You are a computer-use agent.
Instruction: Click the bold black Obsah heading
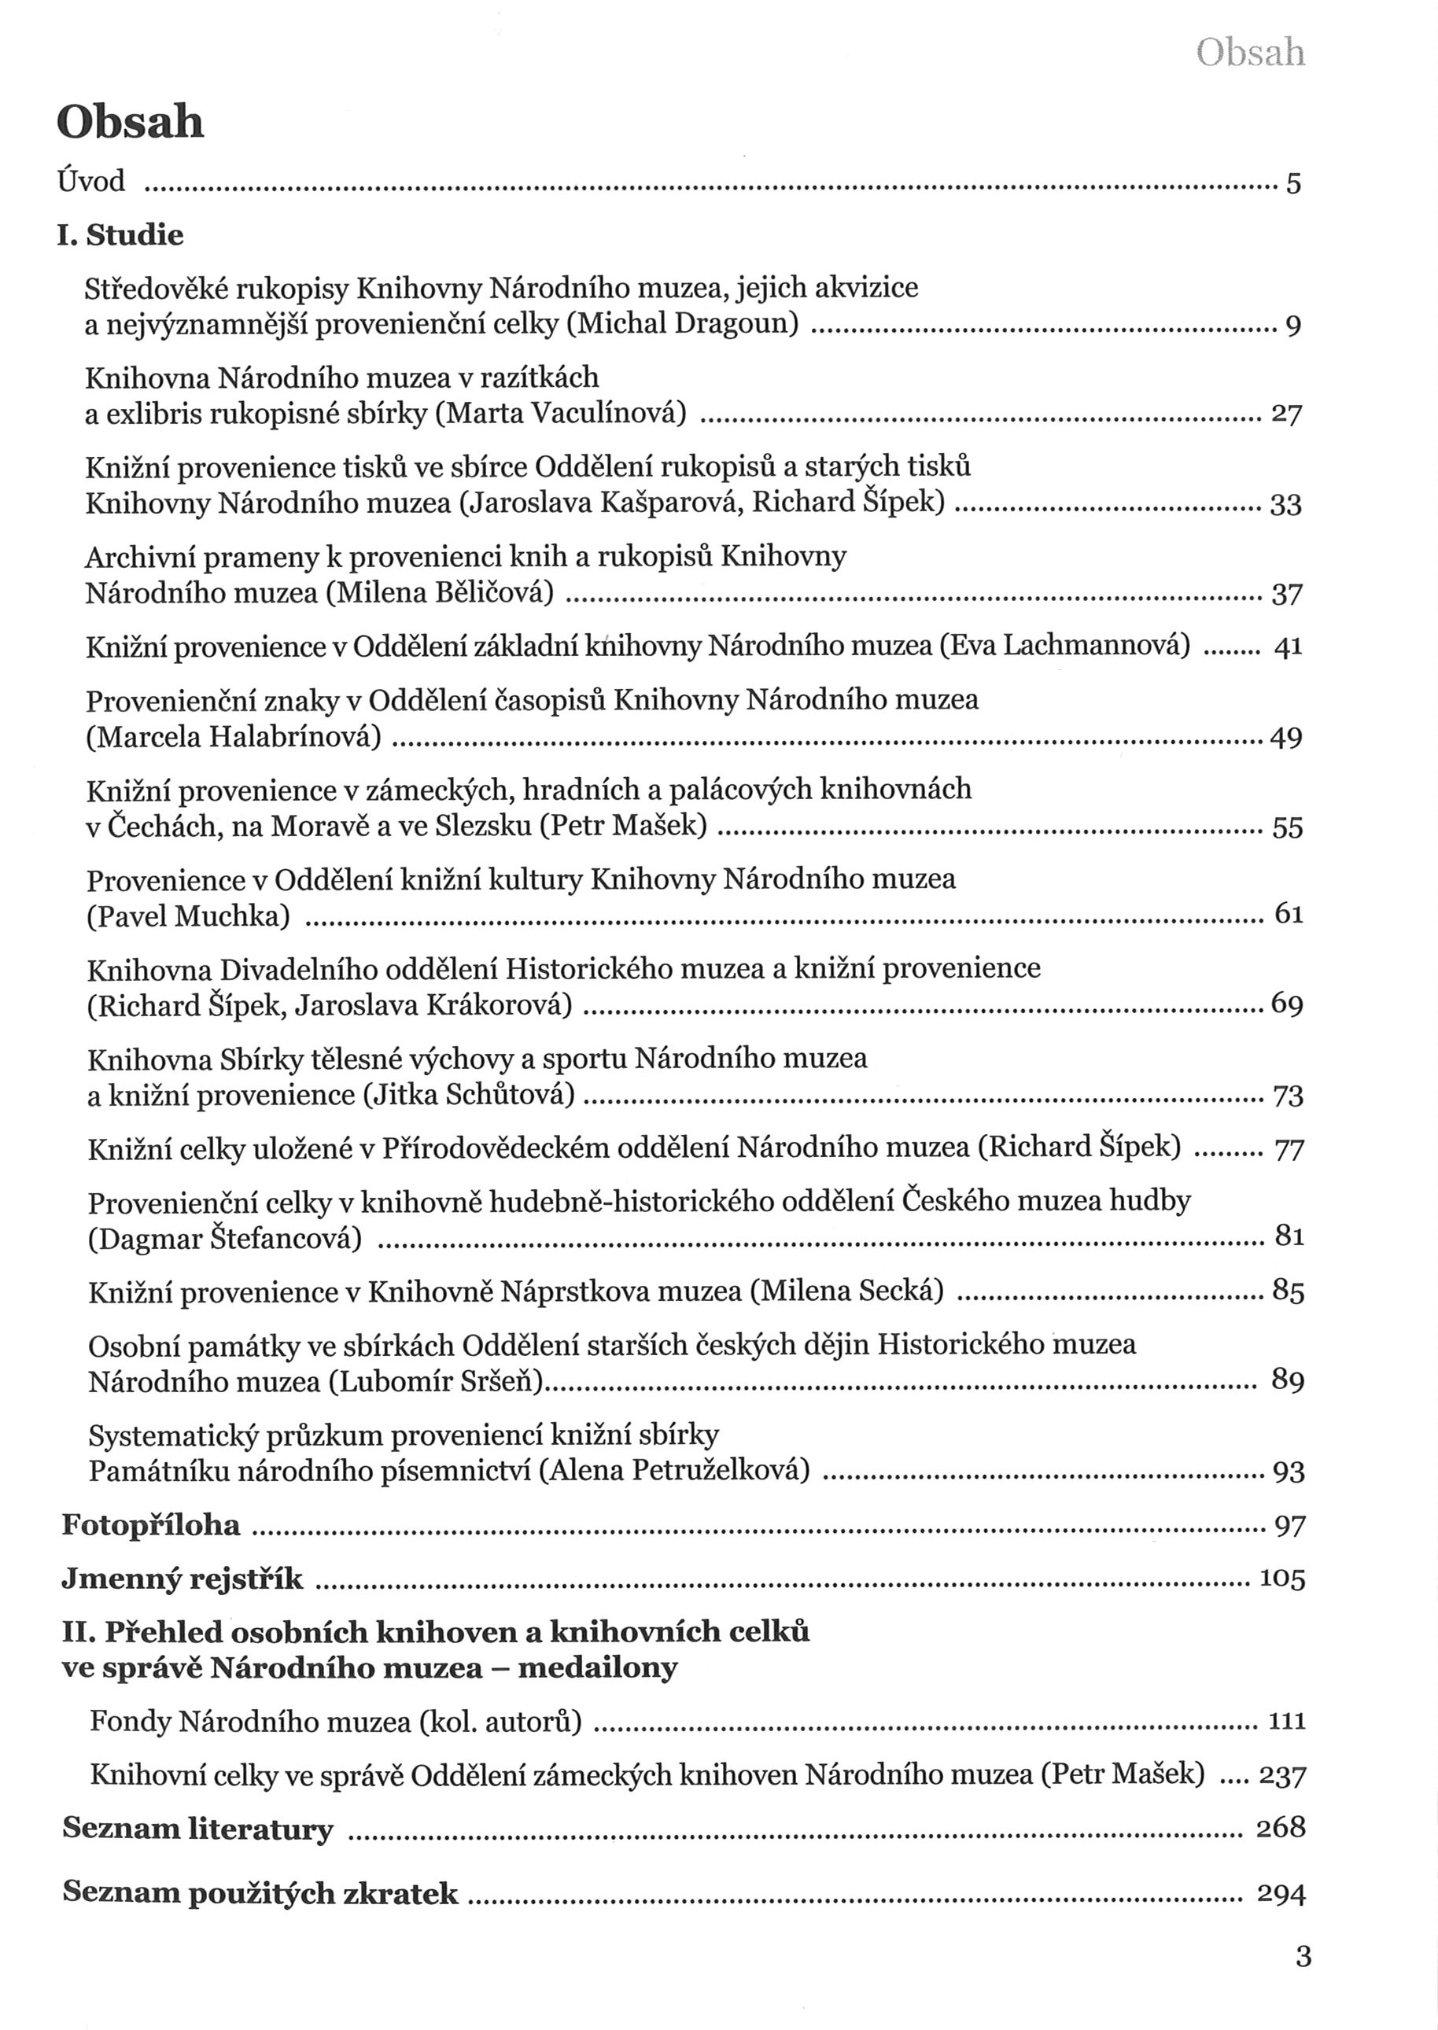130,123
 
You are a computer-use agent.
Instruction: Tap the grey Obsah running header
1249,53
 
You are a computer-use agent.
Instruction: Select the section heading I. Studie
120,235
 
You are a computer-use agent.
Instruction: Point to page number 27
1285,414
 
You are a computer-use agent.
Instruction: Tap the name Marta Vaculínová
562,414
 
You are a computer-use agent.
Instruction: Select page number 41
1288,647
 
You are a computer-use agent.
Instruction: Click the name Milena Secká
847,1291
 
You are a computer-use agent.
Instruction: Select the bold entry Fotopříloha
151,1525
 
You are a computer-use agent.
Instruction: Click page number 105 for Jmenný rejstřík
1282,1579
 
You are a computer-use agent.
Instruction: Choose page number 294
1281,1894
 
